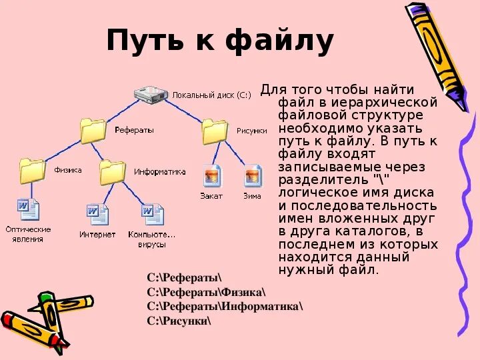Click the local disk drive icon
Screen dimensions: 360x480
point(151,95)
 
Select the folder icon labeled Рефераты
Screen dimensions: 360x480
point(93,131)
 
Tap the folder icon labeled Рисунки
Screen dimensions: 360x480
point(215,131)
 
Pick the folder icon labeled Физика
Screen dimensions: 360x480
point(32,171)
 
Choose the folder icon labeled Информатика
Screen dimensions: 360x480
point(113,172)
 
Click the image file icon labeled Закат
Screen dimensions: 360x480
point(212,176)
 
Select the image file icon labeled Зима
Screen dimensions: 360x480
point(253,176)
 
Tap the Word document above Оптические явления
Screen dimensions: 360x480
point(29,211)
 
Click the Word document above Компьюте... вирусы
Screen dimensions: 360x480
point(152,215)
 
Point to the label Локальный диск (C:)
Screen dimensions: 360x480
point(211,95)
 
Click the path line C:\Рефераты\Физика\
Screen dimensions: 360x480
point(206,291)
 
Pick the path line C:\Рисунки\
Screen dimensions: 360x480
point(179,321)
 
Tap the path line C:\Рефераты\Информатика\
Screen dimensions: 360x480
point(225,306)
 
